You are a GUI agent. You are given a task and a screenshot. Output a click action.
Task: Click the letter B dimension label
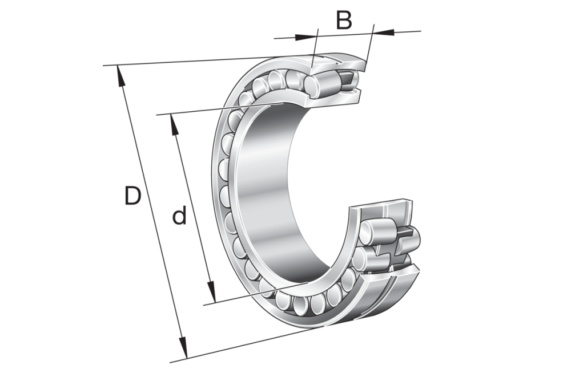coord(344,21)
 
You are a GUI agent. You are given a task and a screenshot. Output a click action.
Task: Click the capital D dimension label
coord(132,196)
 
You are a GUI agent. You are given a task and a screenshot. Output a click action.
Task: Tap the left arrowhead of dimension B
coord(304,37)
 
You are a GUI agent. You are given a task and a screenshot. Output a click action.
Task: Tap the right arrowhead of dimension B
coord(384,32)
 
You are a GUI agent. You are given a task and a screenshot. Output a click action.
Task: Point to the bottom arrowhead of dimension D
coord(183,348)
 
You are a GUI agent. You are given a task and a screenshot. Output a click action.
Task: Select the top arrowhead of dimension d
coord(174,125)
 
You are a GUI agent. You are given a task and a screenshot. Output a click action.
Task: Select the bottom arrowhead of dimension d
coord(211,292)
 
